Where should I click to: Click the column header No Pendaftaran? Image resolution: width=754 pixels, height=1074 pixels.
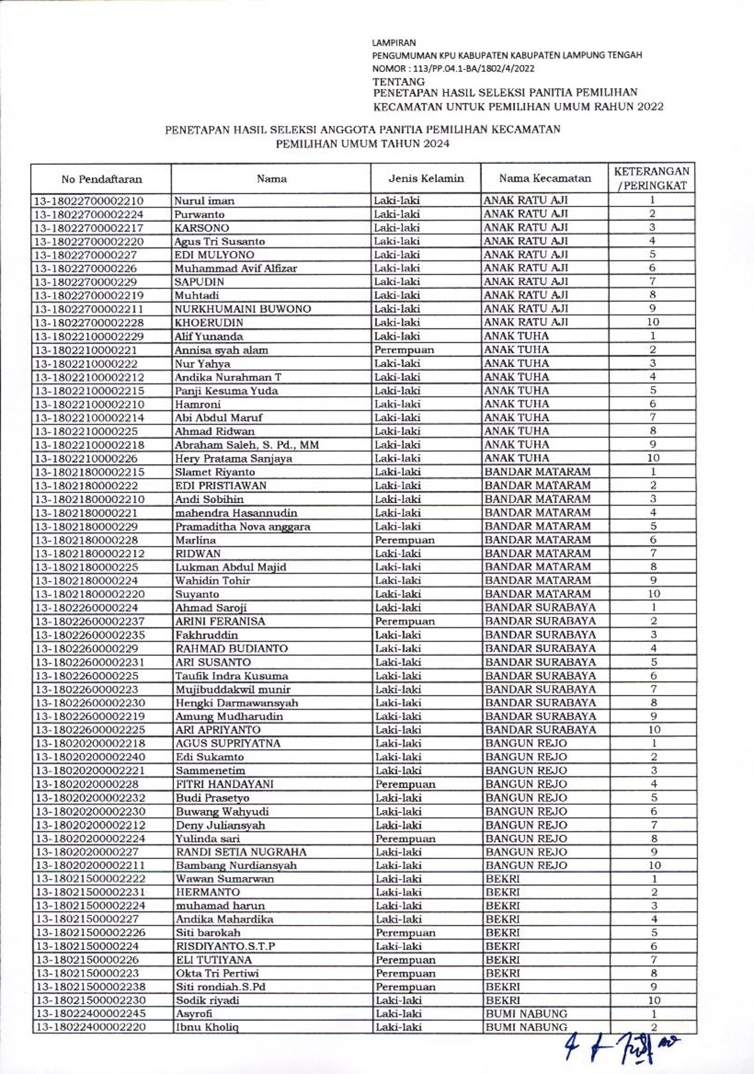pos(102,179)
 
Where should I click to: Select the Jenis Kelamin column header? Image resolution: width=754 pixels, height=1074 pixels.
pos(426,178)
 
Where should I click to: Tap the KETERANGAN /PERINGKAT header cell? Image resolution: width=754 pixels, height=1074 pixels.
pos(652,178)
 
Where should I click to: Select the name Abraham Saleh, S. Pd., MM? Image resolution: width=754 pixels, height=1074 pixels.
pos(247,445)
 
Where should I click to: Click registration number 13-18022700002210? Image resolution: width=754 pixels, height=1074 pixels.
pos(89,201)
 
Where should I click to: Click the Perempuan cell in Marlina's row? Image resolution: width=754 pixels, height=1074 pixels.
pos(404,540)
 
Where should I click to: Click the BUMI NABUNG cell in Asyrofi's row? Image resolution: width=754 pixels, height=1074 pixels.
pos(526,1014)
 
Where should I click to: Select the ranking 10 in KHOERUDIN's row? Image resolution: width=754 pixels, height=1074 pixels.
pos(652,322)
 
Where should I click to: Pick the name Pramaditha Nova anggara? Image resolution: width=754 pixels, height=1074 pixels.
pos(243,527)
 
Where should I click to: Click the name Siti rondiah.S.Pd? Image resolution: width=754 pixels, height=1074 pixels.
pos(220,987)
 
